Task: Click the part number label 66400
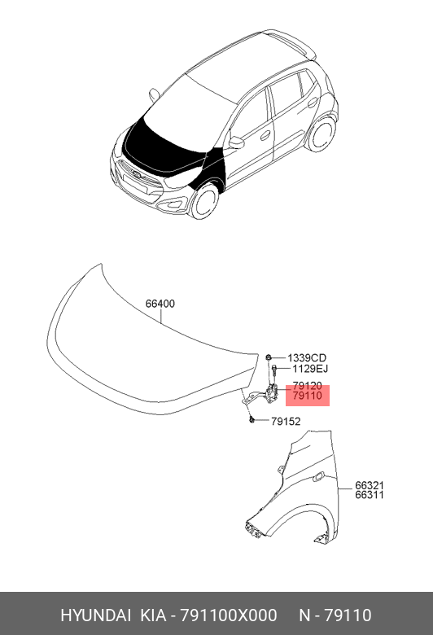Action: click(160, 304)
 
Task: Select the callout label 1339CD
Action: click(307, 358)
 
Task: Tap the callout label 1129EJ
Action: click(310, 369)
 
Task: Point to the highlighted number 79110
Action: click(308, 396)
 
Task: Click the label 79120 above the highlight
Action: click(308, 386)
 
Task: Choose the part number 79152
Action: click(286, 422)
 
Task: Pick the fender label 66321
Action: click(370, 485)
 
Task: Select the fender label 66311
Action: click(370, 495)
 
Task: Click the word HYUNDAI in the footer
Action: click(95, 615)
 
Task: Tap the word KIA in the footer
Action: click(153, 615)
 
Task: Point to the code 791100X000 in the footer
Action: click(229, 615)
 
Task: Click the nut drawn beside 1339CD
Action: click(268, 357)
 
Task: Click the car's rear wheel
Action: click(323, 134)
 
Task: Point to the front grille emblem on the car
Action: click(136, 175)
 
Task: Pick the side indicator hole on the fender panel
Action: click(318, 476)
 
